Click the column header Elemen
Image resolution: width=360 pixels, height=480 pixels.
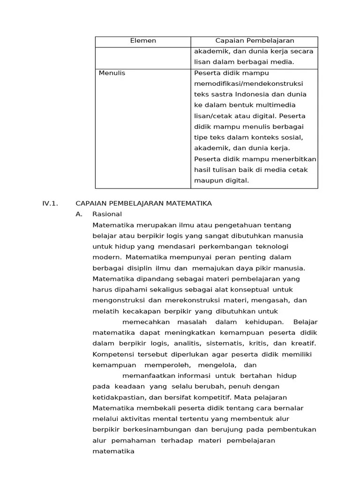pyautogui.click(x=142, y=41)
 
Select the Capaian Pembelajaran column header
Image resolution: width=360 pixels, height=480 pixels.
pyautogui.click(x=255, y=41)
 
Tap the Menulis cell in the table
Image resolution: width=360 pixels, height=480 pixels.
pyautogui.click(x=112, y=73)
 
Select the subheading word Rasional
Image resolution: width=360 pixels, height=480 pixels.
pyautogui.click(x=107, y=214)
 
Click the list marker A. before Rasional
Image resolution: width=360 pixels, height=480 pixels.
pyautogui.click(x=79, y=214)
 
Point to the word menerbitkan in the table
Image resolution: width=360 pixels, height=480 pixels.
pyautogui.click(x=296, y=159)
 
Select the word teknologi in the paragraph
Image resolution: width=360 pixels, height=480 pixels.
pyautogui.click(x=272, y=246)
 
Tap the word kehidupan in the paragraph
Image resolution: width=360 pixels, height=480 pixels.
pyautogui.click(x=264, y=322)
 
